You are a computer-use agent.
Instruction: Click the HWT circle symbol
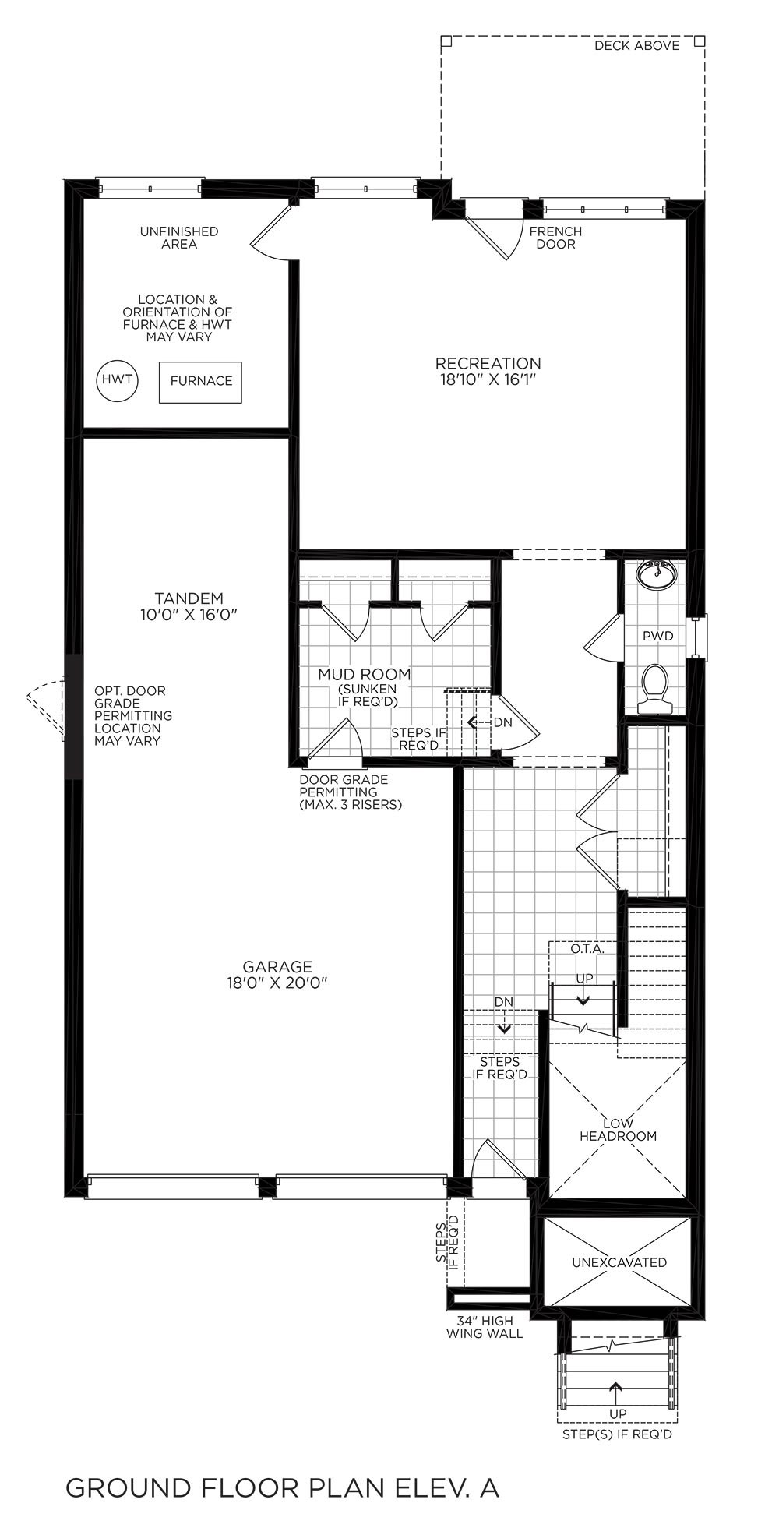(x=117, y=381)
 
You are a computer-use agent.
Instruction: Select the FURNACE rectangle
(x=201, y=382)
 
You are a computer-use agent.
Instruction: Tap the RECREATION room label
(x=488, y=363)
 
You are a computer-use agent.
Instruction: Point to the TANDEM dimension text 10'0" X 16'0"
(x=189, y=614)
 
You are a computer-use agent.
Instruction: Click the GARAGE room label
(x=277, y=967)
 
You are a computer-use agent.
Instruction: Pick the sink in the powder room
(x=657, y=574)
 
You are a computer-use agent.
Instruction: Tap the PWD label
(x=658, y=637)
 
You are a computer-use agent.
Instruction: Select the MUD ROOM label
(x=364, y=674)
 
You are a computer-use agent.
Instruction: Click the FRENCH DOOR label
(x=555, y=238)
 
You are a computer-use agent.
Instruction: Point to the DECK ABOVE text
(x=637, y=45)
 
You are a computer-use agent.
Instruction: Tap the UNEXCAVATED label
(x=619, y=1262)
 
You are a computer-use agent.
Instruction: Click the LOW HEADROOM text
(x=618, y=1130)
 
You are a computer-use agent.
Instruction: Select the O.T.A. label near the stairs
(x=587, y=949)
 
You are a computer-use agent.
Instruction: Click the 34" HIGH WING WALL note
(x=485, y=1327)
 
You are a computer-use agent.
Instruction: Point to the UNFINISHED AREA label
(x=179, y=238)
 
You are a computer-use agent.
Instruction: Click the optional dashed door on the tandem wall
(x=47, y=707)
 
